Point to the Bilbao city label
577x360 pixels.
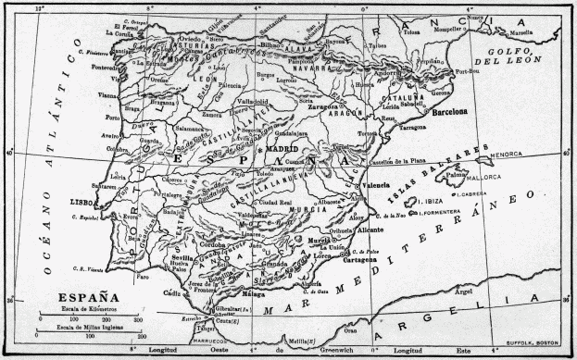coord(271,43)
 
